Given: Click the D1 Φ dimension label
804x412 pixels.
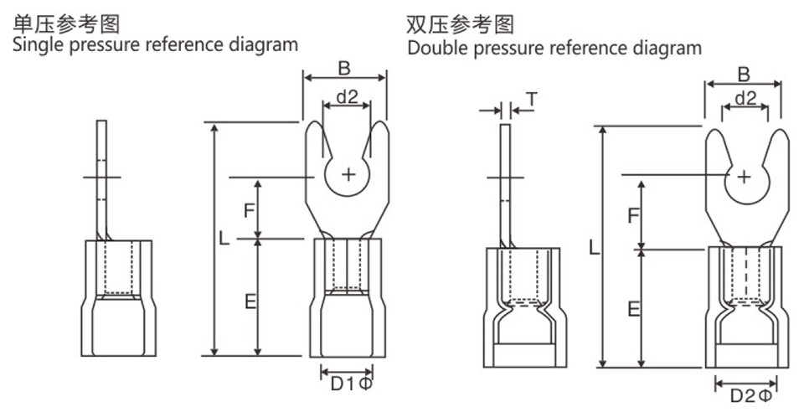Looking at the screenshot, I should click(351, 384).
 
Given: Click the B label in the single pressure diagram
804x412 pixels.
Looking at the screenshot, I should click(344, 66).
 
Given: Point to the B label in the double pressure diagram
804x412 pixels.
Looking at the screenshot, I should click(744, 74).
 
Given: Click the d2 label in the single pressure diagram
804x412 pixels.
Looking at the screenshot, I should click(347, 98).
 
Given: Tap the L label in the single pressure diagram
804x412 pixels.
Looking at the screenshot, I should click(224, 238).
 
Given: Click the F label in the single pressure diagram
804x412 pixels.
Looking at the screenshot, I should click(249, 210).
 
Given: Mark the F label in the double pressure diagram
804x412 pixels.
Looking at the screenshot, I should click(634, 216).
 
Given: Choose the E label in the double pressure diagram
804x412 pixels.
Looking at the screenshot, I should click(634, 311).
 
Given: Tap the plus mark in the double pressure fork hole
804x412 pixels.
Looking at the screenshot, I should click(743, 176).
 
